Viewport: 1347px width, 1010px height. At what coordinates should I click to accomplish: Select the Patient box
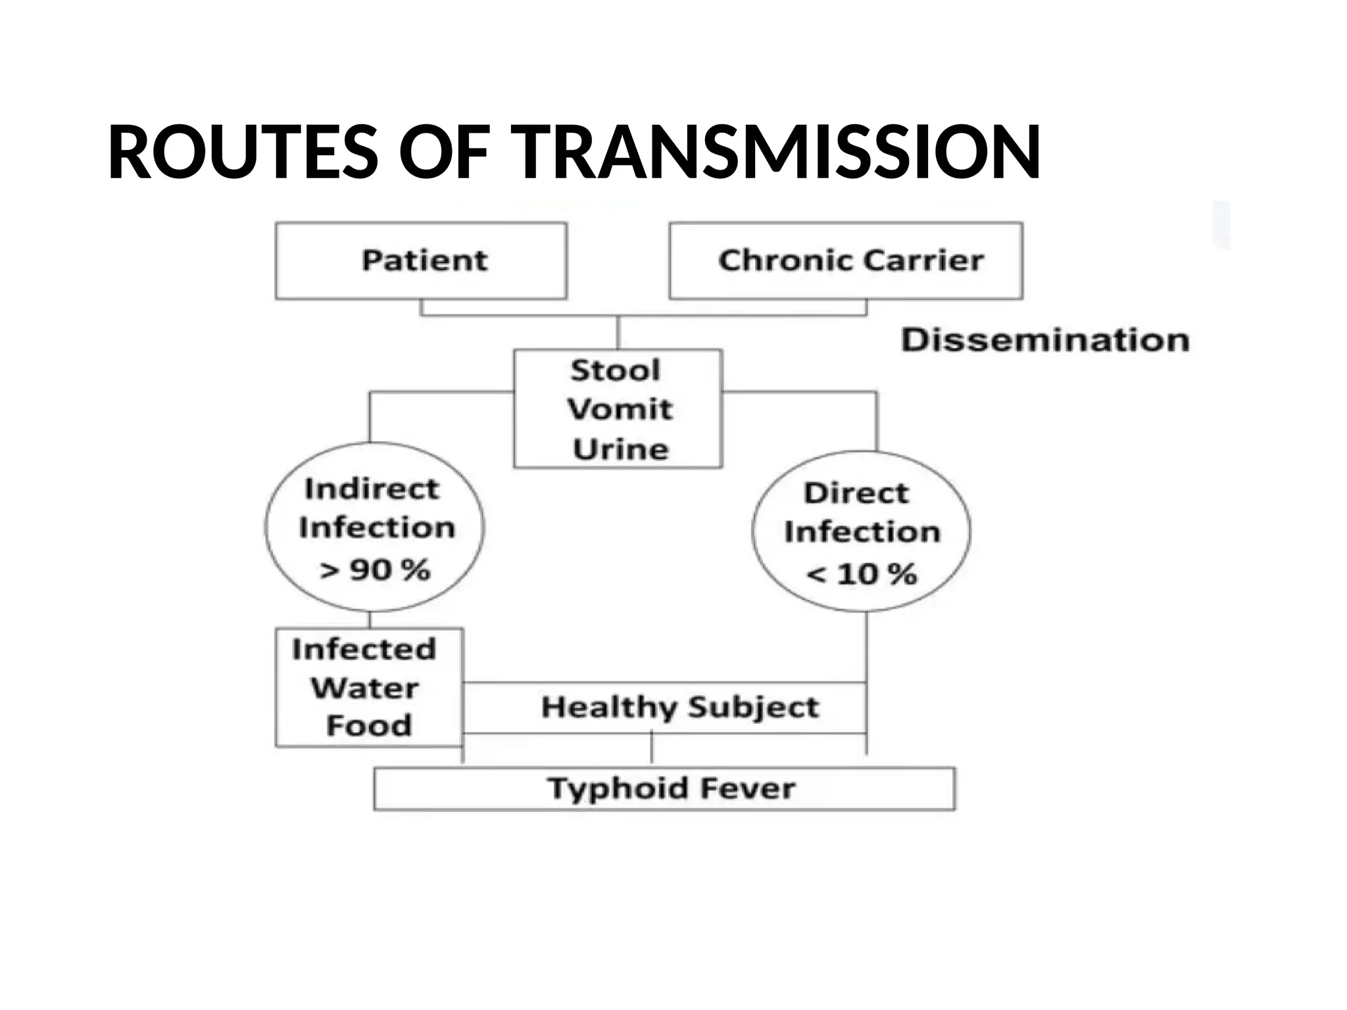421,260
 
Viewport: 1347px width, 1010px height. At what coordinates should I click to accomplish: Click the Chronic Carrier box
846,260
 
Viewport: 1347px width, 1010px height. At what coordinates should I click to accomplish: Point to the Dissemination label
1045,340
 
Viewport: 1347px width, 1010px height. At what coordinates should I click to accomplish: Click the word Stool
616,370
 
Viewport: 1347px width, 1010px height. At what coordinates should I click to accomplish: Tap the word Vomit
620,409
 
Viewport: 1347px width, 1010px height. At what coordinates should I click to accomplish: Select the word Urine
620,449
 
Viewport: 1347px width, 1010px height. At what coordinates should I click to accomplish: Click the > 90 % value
375,569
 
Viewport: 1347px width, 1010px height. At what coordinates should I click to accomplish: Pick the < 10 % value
861,574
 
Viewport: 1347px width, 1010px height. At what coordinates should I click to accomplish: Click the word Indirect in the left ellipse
372,489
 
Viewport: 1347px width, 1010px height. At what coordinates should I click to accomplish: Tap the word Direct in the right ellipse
856,493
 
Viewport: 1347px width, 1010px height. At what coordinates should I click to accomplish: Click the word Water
364,688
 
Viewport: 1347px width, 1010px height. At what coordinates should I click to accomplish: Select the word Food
369,725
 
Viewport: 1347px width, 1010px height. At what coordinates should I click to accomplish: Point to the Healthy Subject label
680,707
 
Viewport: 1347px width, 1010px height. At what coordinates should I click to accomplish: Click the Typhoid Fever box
664,788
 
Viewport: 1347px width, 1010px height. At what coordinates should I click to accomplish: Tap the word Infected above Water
364,649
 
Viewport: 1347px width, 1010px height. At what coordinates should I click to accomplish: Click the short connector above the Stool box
618,332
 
